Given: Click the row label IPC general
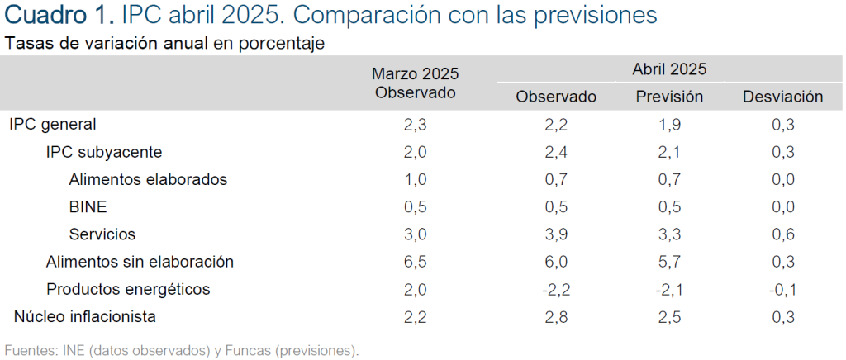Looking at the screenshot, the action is [53, 125].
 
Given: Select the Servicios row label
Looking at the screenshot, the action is [102, 234].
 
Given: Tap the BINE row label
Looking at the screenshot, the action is [88, 207].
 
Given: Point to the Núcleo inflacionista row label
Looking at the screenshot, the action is [85, 317].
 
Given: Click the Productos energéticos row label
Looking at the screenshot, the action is [128, 289].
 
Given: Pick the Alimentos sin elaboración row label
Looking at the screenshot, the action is [140, 262].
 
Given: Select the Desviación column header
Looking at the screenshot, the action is [783, 97].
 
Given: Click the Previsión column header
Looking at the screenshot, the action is [669, 97].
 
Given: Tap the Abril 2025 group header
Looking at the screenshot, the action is [669, 69].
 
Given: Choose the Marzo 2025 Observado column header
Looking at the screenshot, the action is [416, 83].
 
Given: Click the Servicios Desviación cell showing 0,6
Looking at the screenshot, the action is [783, 234].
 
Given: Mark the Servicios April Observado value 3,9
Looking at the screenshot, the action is [556, 234].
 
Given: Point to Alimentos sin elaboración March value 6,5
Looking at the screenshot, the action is [416, 262].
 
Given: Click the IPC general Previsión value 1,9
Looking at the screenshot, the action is [669, 125].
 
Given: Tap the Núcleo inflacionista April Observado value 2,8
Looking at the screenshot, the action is [556, 317].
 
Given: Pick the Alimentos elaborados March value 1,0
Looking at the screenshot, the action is [416, 179].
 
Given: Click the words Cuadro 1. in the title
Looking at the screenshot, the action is [59, 15].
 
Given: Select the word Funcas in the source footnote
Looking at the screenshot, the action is [250, 350].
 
